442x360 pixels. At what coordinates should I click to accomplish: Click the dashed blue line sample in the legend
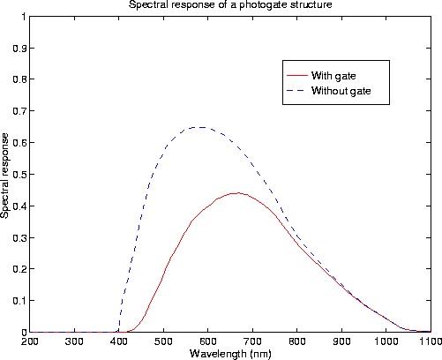[296, 91]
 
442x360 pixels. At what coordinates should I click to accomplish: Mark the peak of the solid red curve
[236, 192]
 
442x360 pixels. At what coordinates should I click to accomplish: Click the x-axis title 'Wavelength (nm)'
[228, 353]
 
